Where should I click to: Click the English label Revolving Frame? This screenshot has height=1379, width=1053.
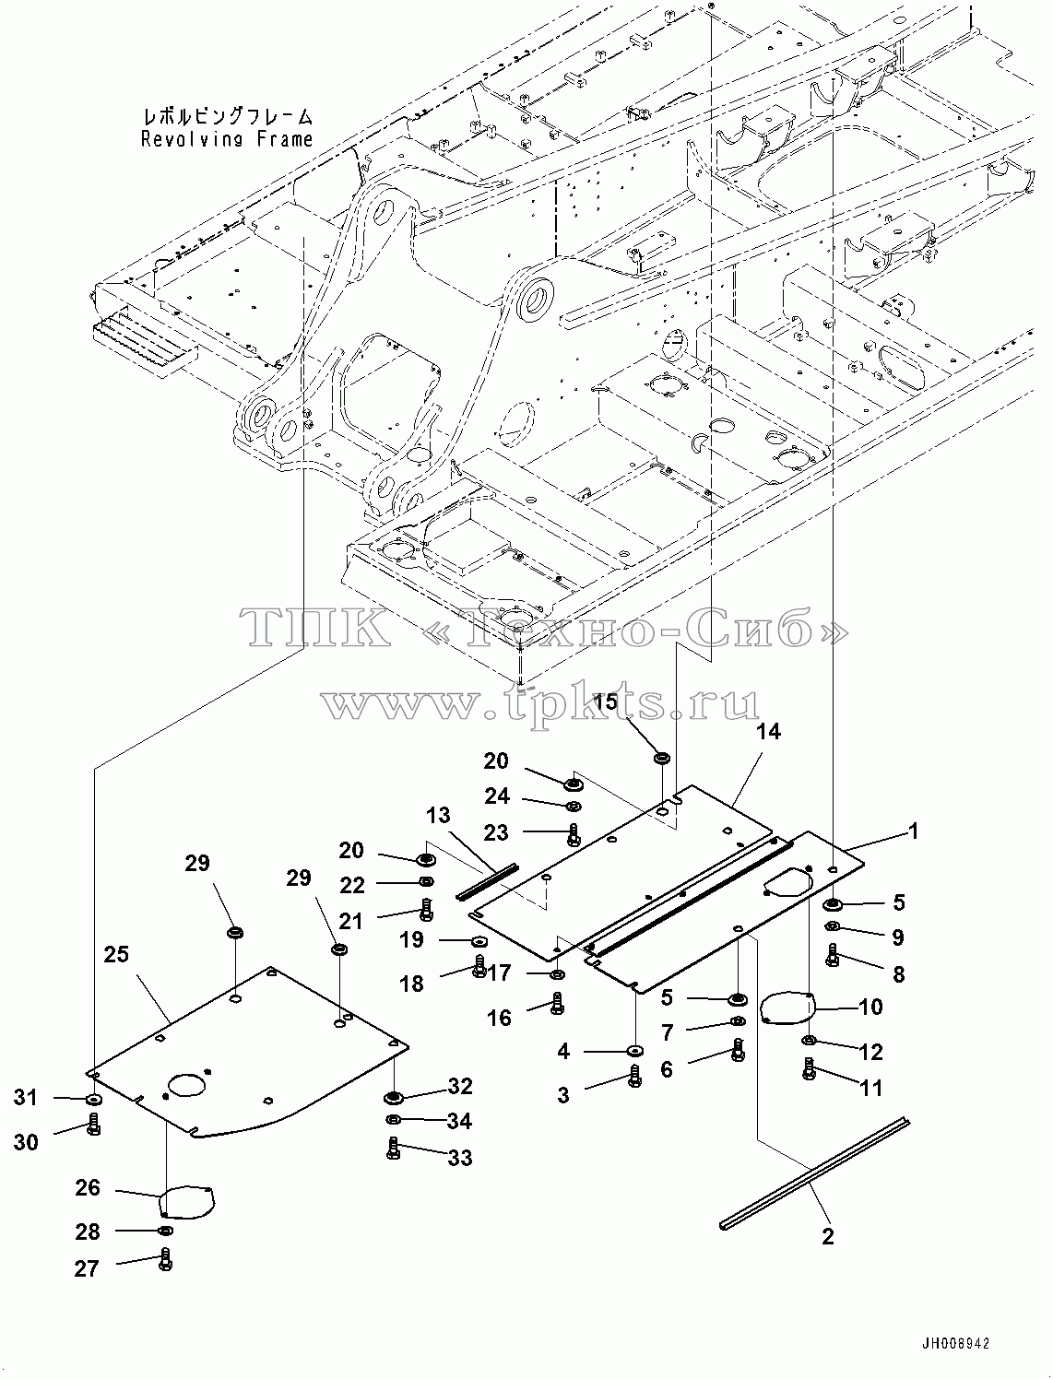click(x=226, y=139)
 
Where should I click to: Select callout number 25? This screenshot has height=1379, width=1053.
click(x=117, y=954)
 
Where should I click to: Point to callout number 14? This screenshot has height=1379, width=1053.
click(x=768, y=731)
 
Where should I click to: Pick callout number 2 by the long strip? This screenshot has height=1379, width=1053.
click(x=828, y=1236)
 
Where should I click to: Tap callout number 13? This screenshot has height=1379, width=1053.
click(x=438, y=816)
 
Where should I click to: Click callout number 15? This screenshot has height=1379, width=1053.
click(x=607, y=701)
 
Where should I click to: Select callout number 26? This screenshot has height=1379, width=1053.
click(x=88, y=1187)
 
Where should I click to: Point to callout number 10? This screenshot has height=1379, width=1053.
click(x=870, y=1008)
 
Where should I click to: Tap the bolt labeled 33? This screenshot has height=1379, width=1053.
click(x=394, y=1149)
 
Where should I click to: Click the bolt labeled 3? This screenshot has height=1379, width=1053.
click(x=634, y=1076)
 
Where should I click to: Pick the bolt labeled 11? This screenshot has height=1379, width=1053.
click(x=810, y=1068)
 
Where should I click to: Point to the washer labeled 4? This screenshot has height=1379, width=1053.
click(x=634, y=1050)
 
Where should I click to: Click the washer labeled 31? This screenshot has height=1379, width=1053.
click(x=94, y=1099)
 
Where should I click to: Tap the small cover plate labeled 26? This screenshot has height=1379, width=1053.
click(x=186, y=1202)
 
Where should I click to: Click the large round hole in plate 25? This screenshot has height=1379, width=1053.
click(x=187, y=1085)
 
